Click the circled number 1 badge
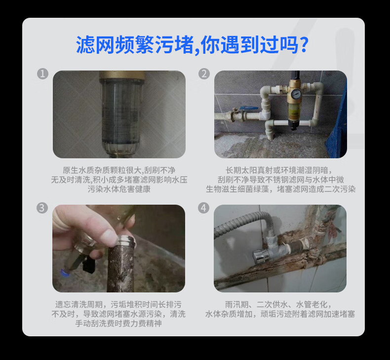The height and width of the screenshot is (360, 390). coord(42,74)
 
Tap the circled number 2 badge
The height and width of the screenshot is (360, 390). coord(204,74)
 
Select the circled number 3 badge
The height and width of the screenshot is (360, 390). coord(42,208)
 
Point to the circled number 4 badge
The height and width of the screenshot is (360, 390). coord(203,208)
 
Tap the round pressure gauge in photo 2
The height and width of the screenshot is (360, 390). coord(296,94)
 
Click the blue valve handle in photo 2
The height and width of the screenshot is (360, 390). coord(249,108)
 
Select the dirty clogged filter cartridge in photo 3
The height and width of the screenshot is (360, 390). coord(121,265)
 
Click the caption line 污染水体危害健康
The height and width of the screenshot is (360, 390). coord(119,189)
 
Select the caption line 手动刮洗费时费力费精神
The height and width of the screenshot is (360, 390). coord(118,323)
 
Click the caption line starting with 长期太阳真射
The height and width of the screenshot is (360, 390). coord(278,170)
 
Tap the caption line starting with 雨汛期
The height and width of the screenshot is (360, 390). coord(278,304)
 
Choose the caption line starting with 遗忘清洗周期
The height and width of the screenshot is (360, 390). coord(118,304)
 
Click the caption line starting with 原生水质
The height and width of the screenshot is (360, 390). coord(119,170)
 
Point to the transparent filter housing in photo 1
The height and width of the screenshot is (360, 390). coord(122,117)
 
